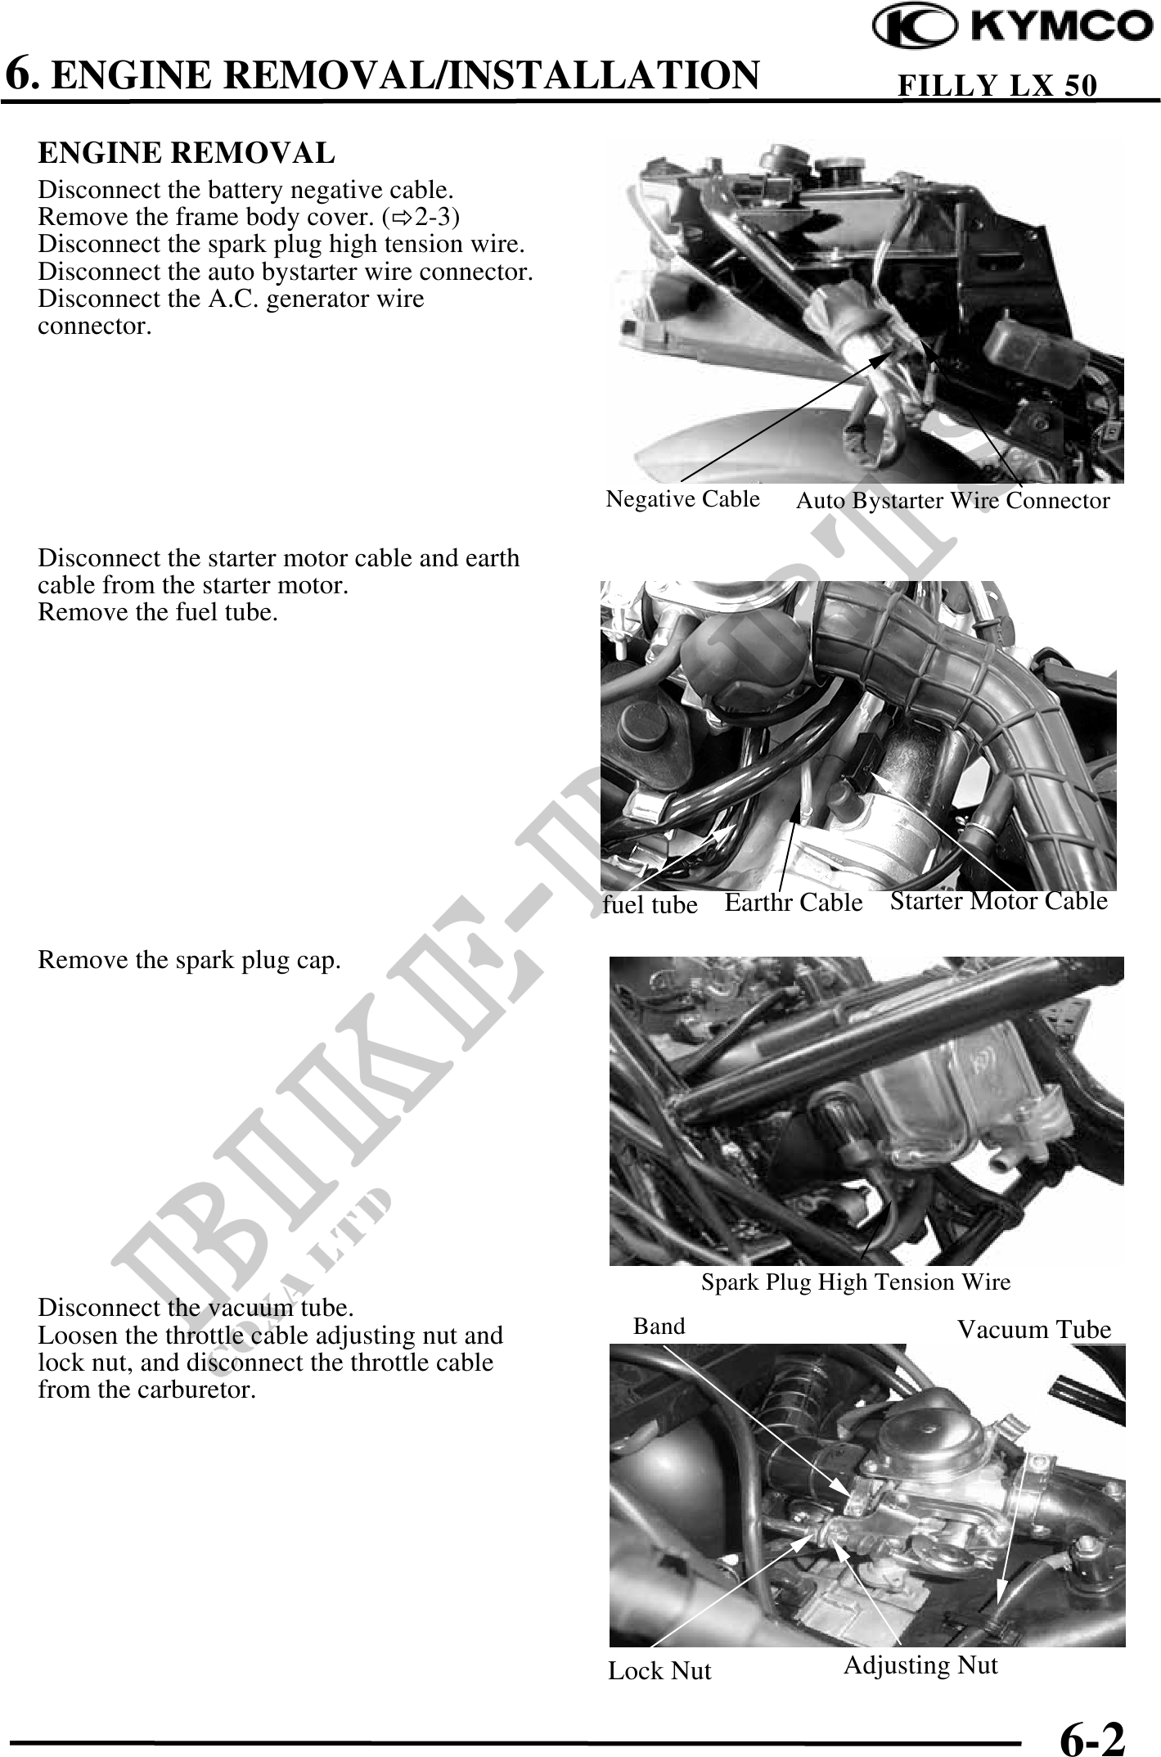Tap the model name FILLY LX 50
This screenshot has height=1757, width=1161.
tap(997, 86)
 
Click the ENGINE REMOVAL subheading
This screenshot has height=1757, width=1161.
tap(187, 153)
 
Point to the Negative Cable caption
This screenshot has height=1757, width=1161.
tap(682, 498)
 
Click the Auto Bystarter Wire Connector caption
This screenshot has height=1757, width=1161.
tap(953, 500)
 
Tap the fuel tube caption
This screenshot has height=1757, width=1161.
tap(650, 904)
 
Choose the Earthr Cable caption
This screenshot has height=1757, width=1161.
tap(794, 902)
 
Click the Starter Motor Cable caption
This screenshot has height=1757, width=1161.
tap(999, 900)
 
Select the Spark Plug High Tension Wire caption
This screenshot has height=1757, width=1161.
tap(856, 1282)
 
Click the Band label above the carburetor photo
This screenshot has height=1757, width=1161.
tap(659, 1326)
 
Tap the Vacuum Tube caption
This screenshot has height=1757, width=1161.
tap(1034, 1330)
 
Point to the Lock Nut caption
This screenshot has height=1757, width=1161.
tap(659, 1670)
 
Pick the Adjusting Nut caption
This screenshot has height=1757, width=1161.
tap(920, 1665)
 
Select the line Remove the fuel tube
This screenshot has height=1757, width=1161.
tap(158, 611)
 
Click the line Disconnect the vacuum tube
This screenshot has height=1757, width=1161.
tap(196, 1306)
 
